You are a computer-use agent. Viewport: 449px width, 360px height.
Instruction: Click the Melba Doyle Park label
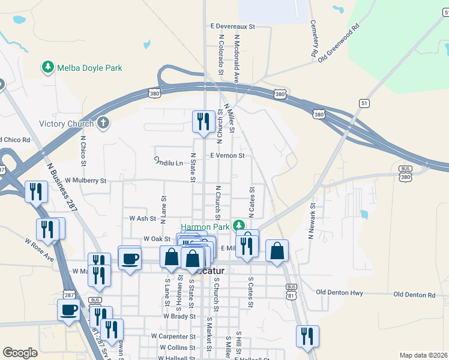(89, 68)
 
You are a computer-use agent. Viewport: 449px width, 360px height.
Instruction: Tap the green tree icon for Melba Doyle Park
(48, 67)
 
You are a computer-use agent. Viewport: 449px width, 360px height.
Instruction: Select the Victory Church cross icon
(103, 124)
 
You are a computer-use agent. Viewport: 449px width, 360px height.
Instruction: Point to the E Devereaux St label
(233, 26)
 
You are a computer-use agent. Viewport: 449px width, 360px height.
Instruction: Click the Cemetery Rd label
(314, 38)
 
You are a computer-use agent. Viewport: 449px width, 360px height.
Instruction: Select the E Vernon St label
(227, 155)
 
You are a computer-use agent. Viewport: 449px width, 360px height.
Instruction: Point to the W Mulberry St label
(85, 180)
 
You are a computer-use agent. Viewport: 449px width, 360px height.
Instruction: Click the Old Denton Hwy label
(340, 292)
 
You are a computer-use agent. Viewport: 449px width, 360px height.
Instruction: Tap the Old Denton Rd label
(414, 295)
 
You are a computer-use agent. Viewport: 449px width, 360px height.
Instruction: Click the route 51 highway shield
(364, 104)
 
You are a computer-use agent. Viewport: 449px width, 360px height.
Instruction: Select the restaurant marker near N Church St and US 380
(203, 122)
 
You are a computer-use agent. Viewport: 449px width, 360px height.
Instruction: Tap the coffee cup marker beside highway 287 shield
(68, 310)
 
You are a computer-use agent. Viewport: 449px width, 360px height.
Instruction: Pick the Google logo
(20, 353)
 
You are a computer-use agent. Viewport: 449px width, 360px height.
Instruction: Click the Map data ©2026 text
(423, 355)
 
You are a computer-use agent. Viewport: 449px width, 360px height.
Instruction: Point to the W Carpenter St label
(173, 337)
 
